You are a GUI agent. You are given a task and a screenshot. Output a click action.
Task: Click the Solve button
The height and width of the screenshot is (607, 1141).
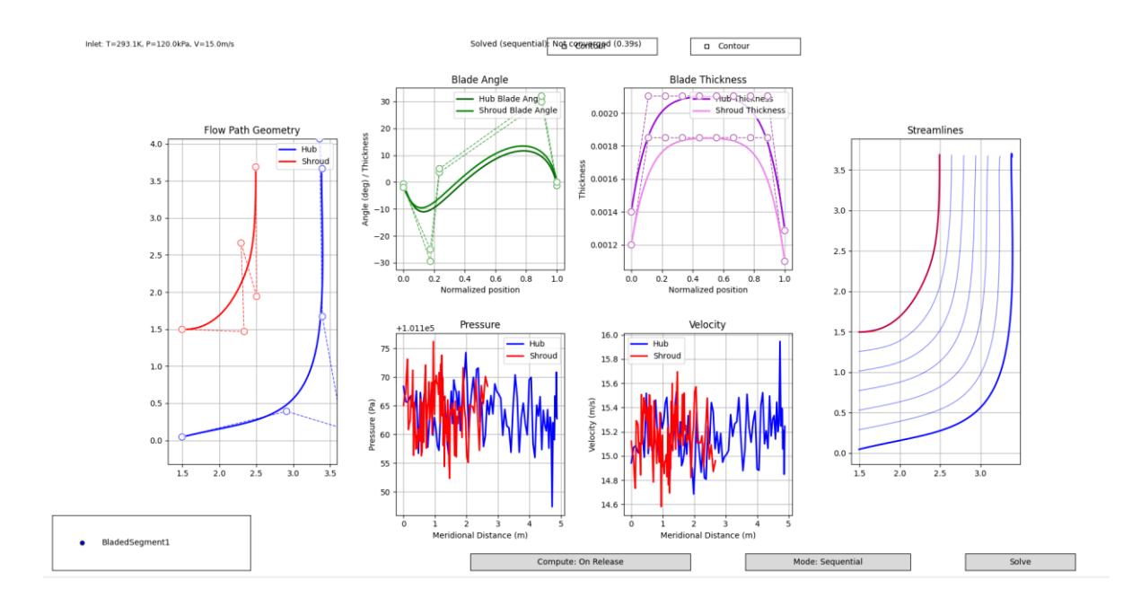1019,562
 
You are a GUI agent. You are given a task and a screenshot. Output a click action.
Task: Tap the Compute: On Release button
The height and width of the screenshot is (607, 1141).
580,562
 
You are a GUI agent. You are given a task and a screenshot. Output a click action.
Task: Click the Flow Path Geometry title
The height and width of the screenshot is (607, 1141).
251,130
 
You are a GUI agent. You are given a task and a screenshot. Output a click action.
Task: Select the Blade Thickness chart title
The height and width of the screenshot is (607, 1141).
707,80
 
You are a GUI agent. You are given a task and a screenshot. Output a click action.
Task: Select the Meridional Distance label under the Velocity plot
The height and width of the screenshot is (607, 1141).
707,536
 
